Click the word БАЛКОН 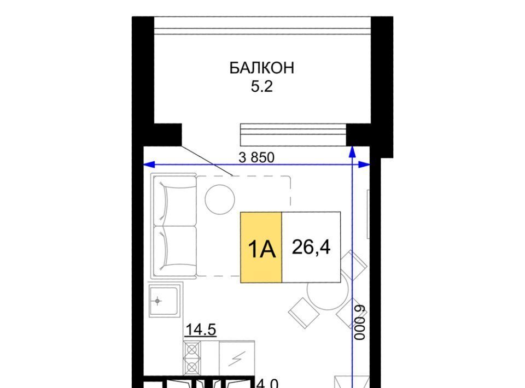(x=262, y=68)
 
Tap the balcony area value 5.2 (x=262, y=87)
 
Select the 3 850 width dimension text (x=256, y=157)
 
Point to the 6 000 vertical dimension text (x=360, y=322)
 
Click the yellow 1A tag (x=261, y=247)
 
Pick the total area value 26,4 (x=311, y=248)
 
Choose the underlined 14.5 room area (x=201, y=330)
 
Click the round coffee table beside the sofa (x=220, y=199)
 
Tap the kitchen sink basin (x=163, y=301)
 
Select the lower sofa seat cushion (x=175, y=251)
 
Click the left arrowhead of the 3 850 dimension (x=149, y=164)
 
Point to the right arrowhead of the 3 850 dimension (x=364, y=164)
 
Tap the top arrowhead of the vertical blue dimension (x=352, y=152)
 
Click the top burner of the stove (x=192, y=350)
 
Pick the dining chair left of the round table (x=304, y=313)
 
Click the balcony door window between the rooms (x=293, y=135)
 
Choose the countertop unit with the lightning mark (x=237, y=358)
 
